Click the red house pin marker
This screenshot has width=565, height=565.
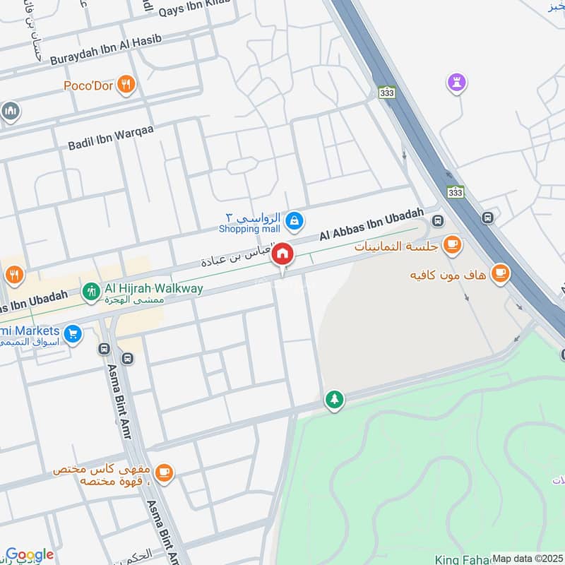click(282, 254)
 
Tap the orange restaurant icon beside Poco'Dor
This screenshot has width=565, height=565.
click(127, 85)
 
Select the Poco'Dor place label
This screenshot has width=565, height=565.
click(89, 85)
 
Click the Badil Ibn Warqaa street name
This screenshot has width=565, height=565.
click(110, 136)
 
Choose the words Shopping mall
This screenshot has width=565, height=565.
click(249, 229)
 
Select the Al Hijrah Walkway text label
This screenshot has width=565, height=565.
click(153, 288)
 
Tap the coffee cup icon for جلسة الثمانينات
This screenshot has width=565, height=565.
click(451, 246)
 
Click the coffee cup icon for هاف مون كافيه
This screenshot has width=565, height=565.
click(500, 272)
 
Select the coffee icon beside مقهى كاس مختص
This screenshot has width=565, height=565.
click(164, 473)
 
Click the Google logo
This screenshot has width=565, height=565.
click(29, 554)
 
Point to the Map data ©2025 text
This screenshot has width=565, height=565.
click(528, 558)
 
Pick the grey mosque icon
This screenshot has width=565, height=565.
click(10, 111)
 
